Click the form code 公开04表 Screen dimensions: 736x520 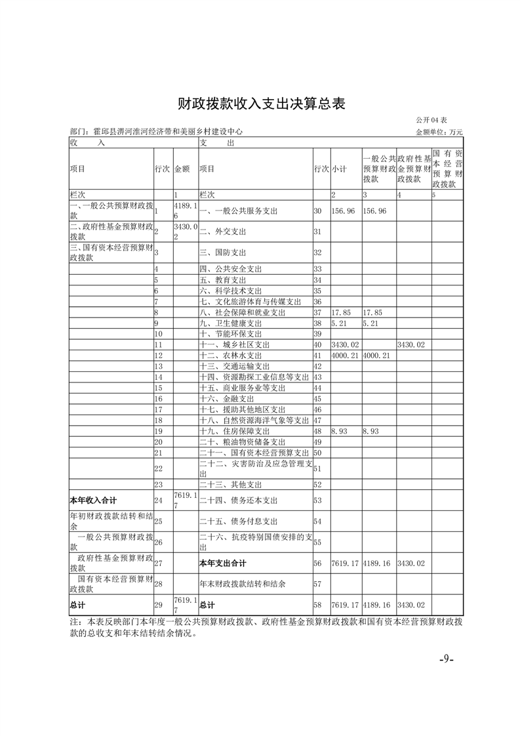(431, 121)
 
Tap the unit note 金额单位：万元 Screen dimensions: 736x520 (439, 132)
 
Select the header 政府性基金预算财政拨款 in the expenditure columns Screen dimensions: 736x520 (413, 169)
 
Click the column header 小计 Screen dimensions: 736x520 (338, 169)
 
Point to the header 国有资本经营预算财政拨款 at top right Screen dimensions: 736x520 (448, 169)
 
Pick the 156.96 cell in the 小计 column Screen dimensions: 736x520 (343, 211)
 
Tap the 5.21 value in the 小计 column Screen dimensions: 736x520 (339, 323)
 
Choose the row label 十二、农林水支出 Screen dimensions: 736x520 (230, 355)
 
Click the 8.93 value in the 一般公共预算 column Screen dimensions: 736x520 (372, 432)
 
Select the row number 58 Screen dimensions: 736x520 (318, 604)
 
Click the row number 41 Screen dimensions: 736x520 (318, 355)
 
